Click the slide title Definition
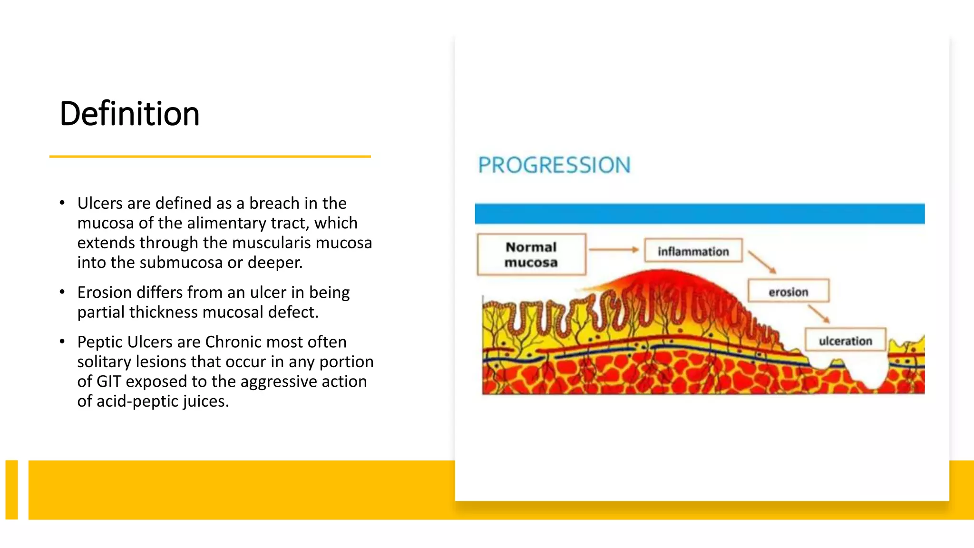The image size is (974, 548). pos(129,114)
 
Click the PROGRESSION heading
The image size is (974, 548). pos(554,166)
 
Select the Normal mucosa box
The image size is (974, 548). pos(531,254)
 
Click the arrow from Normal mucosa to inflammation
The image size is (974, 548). pos(614,249)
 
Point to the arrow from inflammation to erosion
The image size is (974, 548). pos(762,262)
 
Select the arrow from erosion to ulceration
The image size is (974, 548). pos(818,314)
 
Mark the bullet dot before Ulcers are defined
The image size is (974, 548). pos(62,203)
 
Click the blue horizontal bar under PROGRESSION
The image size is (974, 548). pos(699,214)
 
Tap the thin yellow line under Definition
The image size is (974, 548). pos(210,156)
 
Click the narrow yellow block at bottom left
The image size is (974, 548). pos(11,489)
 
